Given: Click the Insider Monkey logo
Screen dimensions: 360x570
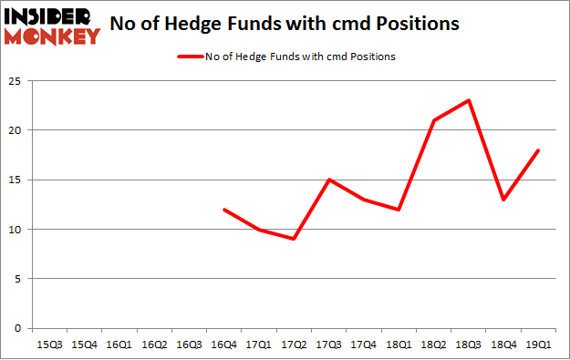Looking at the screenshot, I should tap(52, 25).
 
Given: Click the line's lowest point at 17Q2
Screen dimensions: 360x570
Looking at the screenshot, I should tap(295, 239).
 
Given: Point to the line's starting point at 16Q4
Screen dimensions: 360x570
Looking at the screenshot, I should tap(224, 210).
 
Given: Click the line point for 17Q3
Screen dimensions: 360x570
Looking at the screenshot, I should tap(330, 180).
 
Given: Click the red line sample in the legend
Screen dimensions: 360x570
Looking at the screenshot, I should tap(193, 57).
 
